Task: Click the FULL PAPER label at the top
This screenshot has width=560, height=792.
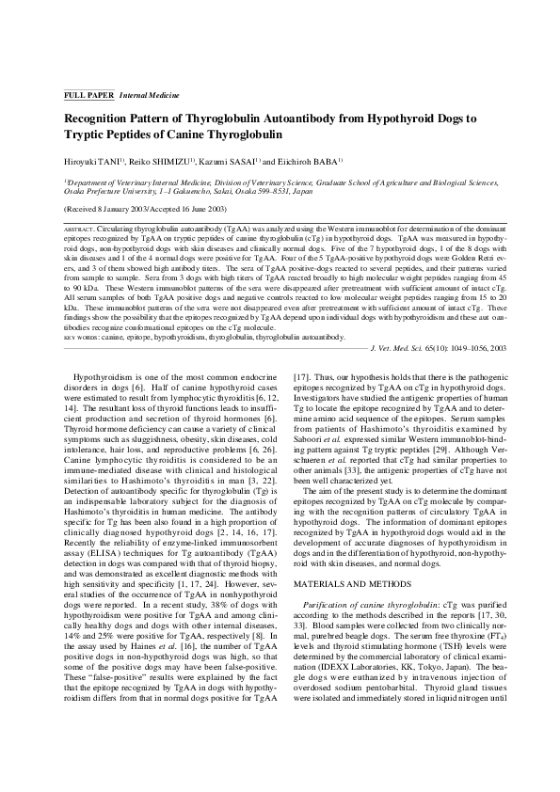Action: (88, 97)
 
